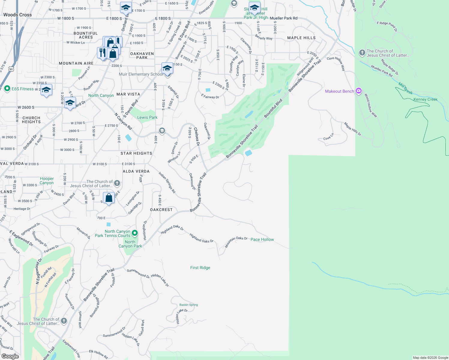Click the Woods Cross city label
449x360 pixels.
17,15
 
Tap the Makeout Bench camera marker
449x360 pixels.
358,91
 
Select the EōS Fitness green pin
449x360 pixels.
7,89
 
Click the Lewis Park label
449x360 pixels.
147,117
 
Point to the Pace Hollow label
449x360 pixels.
262,239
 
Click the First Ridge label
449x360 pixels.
200,268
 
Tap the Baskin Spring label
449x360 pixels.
188,305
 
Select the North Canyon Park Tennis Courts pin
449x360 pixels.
135,233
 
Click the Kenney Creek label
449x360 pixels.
425,99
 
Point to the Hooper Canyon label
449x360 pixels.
47,181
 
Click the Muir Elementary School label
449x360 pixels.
141,74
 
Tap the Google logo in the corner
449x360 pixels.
10,356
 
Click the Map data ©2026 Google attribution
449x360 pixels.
430,358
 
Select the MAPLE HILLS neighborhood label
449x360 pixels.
301,38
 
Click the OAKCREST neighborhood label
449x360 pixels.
161,210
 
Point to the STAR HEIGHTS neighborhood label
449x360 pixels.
136,153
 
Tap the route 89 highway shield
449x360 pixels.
11,69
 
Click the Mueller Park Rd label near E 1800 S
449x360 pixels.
284,18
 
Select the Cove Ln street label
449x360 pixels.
328,137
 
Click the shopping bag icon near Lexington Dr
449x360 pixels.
109,198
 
